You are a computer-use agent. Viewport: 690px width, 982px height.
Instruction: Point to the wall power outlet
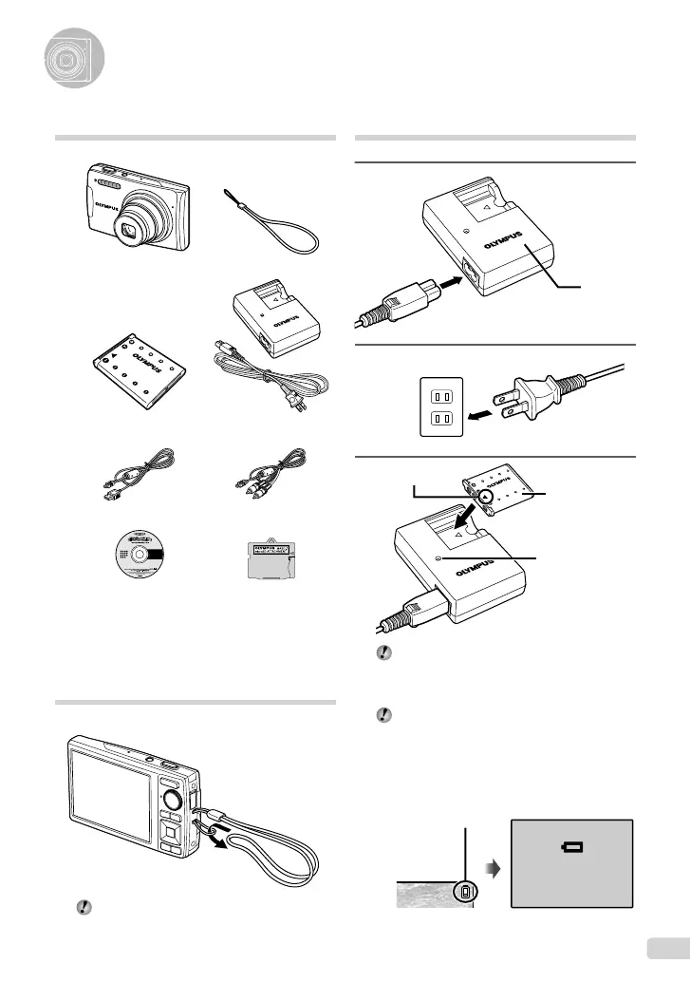click(x=442, y=406)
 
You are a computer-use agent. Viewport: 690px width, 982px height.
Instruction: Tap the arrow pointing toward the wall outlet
click(x=482, y=415)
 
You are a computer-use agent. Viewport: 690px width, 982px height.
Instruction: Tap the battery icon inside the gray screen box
click(x=573, y=848)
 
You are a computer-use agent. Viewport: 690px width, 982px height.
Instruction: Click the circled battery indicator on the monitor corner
click(x=464, y=919)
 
